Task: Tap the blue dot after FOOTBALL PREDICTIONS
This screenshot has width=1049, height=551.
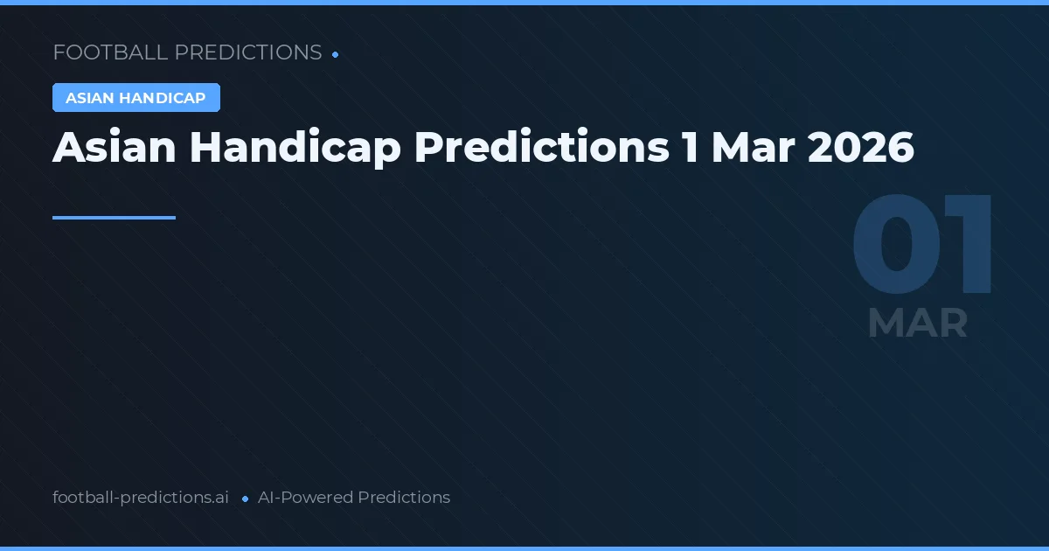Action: pyautogui.click(x=336, y=54)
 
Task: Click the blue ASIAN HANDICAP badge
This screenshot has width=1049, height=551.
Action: pyautogui.click(x=135, y=98)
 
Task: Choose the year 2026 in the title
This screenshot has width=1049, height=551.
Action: pyautogui.click(x=861, y=148)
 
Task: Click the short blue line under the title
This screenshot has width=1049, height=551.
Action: pyautogui.click(x=114, y=218)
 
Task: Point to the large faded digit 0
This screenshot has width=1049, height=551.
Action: pyautogui.click(x=893, y=248)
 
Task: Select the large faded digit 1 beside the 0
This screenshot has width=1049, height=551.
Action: pyautogui.click(x=968, y=248)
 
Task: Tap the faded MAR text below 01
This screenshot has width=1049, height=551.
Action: pyautogui.click(x=917, y=324)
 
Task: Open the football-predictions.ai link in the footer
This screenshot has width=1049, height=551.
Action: pyautogui.click(x=141, y=498)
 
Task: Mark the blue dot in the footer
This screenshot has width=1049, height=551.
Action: pyautogui.click(x=246, y=499)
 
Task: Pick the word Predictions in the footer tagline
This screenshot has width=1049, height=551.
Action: pyautogui.click(x=404, y=498)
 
